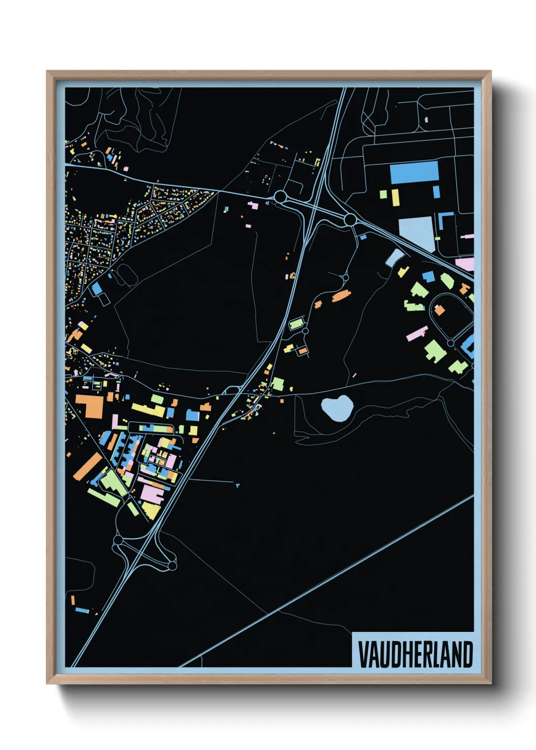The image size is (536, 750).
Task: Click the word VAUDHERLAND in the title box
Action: pyautogui.click(x=415, y=655)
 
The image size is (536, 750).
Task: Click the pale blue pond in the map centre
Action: pyautogui.click(x=336, y=408)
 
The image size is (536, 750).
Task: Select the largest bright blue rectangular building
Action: pyautogui.click(x=414, y=172)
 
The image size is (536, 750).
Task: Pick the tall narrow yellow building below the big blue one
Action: pyautogui.click(x=394, y=198)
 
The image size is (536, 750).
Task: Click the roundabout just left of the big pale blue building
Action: pyautogui.click(x=350, y=220)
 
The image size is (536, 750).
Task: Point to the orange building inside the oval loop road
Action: pyautogui.click(x=439, y=310)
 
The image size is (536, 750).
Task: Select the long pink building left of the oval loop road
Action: pyautogui.click(x=417, y=333)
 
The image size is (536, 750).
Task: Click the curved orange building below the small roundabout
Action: pyautogui.click(x=341, y=296)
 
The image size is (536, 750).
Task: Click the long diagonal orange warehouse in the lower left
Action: pyautogui.click(x=88, y=466)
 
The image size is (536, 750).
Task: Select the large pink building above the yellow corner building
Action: pyautogui.click(x=154, y=492)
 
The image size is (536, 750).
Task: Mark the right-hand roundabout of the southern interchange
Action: pyautogui.click(x=172, y=565)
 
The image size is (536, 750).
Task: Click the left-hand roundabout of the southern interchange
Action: pyautogui.click(x=118, y=540)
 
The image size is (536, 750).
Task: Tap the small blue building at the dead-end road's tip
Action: pyautogui.click(x=237, y=485)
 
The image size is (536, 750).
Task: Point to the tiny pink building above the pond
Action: pyautogui.click(x=354, y=376)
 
